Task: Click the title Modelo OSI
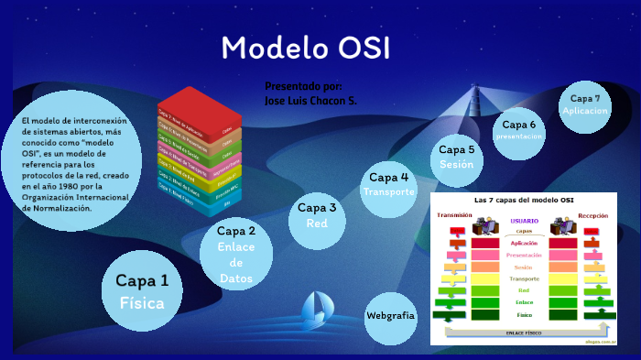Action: click(x=305, y=48)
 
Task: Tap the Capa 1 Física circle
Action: click(x=141, y=290)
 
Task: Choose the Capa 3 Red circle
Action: click(x=317, y=215)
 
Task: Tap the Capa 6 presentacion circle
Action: click(x=519, y=130)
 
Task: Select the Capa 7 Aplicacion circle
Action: click(x=584, y=104)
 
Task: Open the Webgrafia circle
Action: click(x=390, y=315)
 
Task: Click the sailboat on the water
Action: click(x=317, y=308)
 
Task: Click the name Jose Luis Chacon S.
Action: click(x=310, y=100)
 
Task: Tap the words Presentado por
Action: click(x=302, y=85)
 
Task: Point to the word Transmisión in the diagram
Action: click(x=454, y=215)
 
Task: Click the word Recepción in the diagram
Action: click(x=592, y=215)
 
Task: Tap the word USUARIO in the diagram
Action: click(x=524, y=221)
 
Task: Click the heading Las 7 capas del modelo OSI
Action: click(x=524, y=199)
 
